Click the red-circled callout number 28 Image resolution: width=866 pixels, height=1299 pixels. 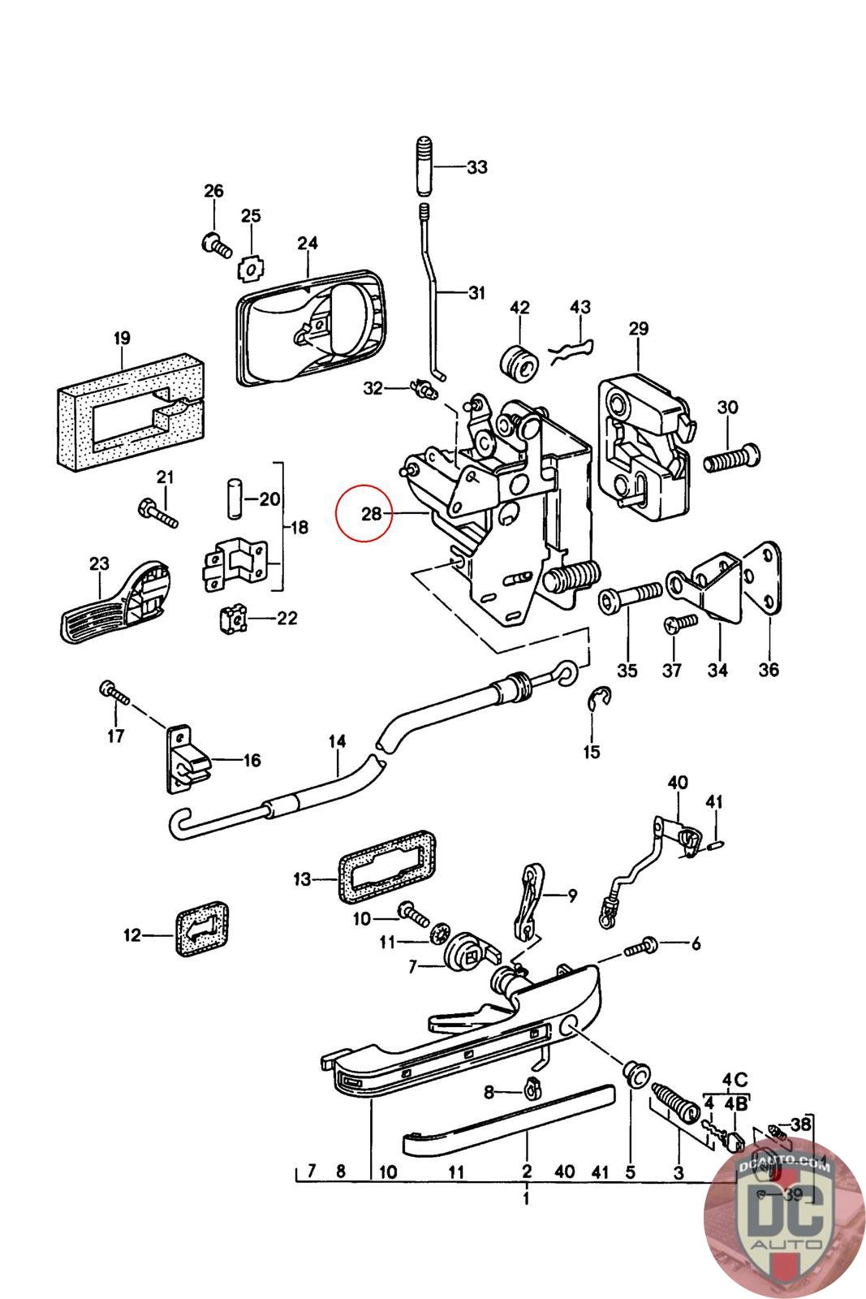(371, 514)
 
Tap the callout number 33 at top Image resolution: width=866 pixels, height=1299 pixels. (476, 168)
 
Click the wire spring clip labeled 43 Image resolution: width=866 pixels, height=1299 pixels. (571, 351)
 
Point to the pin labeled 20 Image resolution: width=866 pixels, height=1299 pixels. (233, 498)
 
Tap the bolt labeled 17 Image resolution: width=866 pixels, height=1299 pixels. (113, 695)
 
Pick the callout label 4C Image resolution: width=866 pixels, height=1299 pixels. (735, 1081)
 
